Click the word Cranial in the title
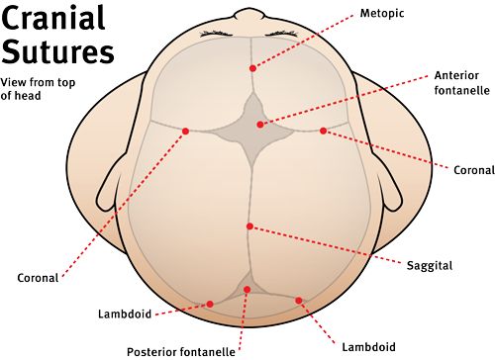53,18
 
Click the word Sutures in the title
57,52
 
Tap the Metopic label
382,14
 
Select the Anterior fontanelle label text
461,82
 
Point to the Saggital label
430,266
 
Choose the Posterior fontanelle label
181,352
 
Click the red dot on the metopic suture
252,68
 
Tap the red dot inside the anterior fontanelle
260,125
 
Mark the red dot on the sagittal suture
249,226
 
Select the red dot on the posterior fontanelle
247,290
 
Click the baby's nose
249,15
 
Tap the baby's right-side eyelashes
284,34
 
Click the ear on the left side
111,185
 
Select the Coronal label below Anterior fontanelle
474,170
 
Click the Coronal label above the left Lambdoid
38,278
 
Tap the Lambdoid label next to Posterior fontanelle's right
368,347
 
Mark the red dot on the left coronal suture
185,132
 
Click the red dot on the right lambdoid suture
299,301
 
